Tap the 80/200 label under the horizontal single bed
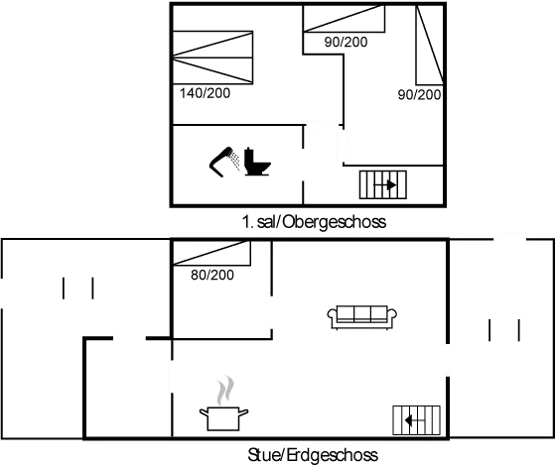[x=346, y=42]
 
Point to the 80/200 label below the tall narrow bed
[x=418, y=94]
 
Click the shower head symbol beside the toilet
[x=223, y=161]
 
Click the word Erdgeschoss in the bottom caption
[x=335, y=456]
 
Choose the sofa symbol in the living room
[x=362, y=317]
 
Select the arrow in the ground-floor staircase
[x=416, y=421]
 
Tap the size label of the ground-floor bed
[x=210, y=275]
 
